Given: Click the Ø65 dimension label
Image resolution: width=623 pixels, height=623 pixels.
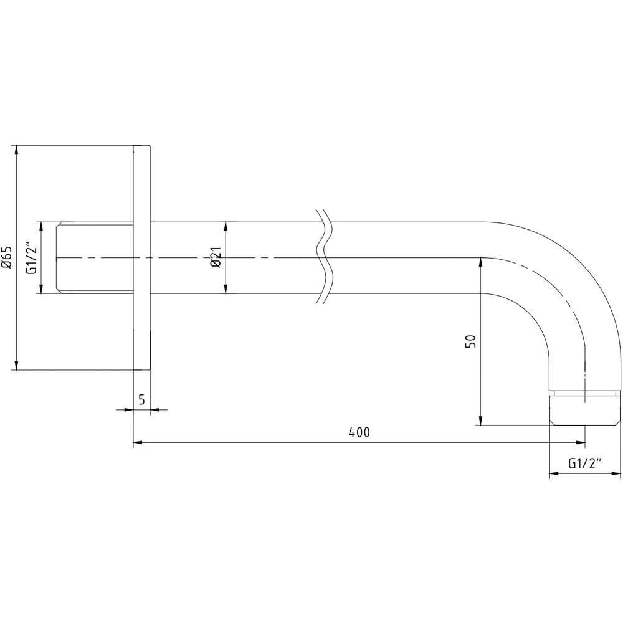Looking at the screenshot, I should pos(7,257).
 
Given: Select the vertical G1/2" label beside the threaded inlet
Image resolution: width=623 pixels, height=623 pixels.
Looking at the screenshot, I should pos(29,257).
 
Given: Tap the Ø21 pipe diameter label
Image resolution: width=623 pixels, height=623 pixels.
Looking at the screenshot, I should pos(216,257).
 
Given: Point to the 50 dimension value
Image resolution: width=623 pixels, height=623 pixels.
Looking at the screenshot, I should pos(471,341).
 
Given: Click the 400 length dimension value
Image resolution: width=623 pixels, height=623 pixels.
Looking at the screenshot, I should pos(359,432).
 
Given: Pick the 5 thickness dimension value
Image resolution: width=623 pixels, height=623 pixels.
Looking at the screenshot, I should pos(142,400).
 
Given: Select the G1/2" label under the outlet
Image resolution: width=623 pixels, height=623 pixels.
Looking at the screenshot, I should pos(586,464).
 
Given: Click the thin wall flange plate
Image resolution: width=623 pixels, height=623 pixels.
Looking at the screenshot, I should pos(142,257).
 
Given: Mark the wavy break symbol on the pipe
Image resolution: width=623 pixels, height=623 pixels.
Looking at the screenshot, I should pos(324,257).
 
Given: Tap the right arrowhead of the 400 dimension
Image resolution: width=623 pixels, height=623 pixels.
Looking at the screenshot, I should pos(581,443).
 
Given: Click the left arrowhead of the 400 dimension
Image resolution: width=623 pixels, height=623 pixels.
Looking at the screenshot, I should pos(138,443).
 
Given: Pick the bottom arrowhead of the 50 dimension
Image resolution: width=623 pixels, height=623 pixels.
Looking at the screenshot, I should pos(480,421).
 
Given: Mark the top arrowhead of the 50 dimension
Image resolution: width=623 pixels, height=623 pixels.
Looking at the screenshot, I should pos(480,262).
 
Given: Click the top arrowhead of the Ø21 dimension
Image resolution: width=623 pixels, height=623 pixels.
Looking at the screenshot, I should pos(226,226).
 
